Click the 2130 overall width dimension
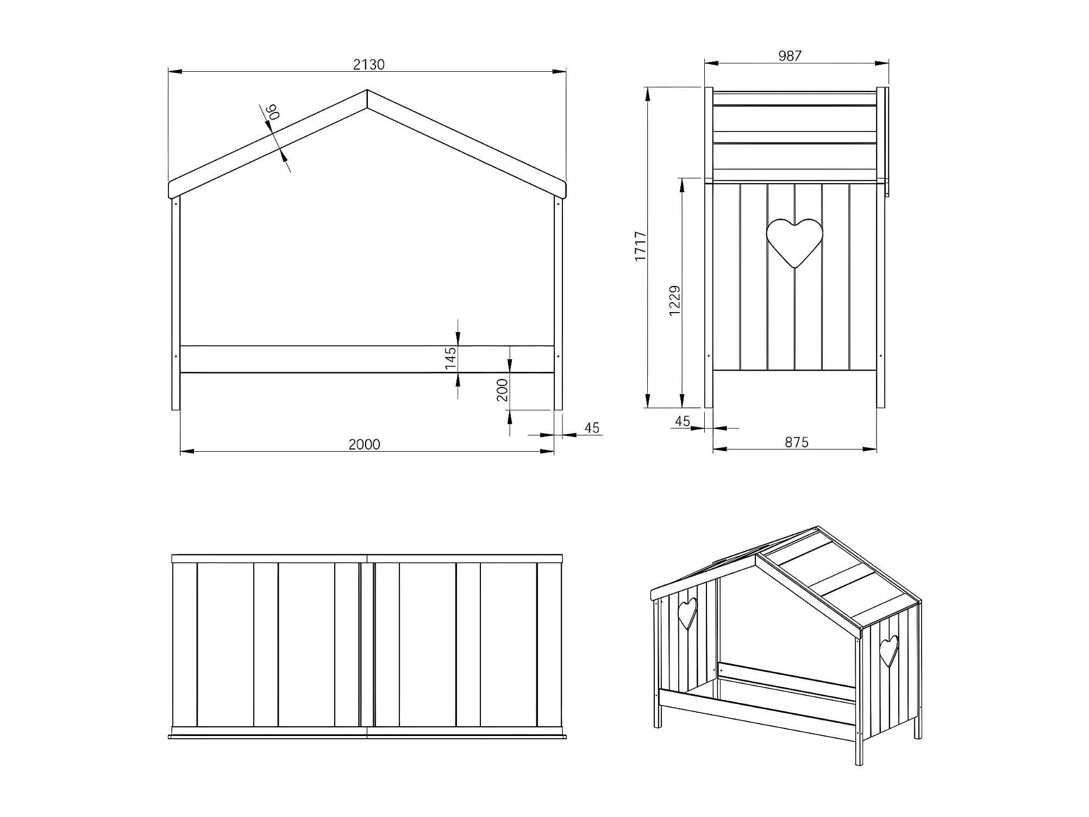coord(369,65)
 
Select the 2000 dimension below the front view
coord(364,445)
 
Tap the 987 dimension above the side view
coord(790,56)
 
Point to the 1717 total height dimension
coord(641,246)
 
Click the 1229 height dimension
coord(674,301)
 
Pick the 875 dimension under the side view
coord(797,442)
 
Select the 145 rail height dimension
coord(450,359)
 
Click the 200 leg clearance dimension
coord(502,390)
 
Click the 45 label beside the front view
coord(592,428)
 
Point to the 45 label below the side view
coord(682,421)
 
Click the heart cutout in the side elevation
coord(794,242)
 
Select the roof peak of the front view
coord(367,90)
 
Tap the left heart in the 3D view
coord(687,613)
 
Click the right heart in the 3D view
coord(889,651)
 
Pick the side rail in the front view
coord(367,359)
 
